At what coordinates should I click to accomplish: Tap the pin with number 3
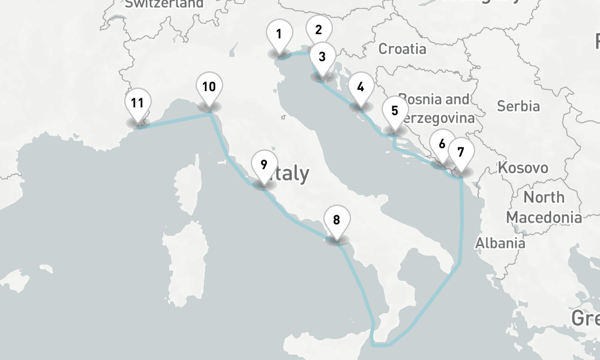coord(322,58)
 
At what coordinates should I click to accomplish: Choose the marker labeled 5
coord(394,111)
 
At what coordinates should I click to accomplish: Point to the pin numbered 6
coord(442,145)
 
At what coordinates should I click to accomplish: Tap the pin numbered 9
coord(263,164)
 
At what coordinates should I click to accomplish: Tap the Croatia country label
coord(402,49)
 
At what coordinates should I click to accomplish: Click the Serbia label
coord(518,106)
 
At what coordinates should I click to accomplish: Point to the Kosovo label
coord(523,167)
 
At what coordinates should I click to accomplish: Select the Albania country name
coord(500,243)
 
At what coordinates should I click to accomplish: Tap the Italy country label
coord(291,174)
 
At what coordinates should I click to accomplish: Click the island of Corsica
coord(187,186)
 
